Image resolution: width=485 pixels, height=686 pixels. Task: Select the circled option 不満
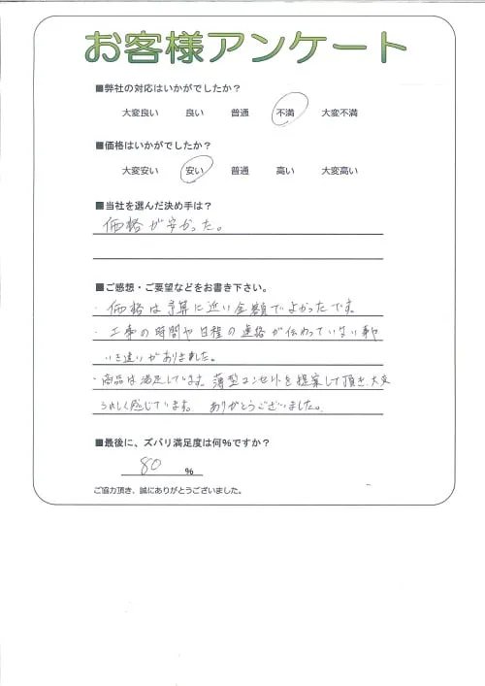click(x=286, y=113)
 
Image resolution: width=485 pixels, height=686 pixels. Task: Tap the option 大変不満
click(x=339, y=114)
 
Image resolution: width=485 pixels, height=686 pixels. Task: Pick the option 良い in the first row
click(x=194, y=114)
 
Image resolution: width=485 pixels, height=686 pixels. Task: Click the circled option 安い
click(x=194, y=171)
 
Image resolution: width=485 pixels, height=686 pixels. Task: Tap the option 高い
click(x=285, y=172)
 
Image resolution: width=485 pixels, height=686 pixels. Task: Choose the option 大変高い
click(x=339, y=172)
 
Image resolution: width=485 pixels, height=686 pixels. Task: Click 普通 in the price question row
click(x=240, y=172)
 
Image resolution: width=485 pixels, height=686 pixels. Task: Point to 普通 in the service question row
click(x=240, y=114)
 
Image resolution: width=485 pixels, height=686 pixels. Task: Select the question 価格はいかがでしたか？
click(x=155, y=147)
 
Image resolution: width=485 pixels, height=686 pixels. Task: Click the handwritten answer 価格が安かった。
click(x=160, y=228)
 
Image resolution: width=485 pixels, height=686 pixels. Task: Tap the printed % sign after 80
click(x=189, y=470)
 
